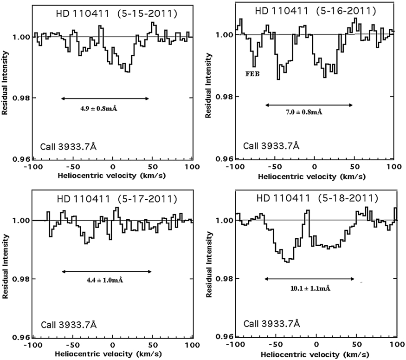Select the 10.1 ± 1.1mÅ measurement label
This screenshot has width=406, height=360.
tap(310, 288)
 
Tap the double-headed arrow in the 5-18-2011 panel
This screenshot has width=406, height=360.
tap(309, 279)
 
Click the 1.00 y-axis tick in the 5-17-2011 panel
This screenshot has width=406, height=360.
tap(19, 221)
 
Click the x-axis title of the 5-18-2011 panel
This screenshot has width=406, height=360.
tap(316, 353)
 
